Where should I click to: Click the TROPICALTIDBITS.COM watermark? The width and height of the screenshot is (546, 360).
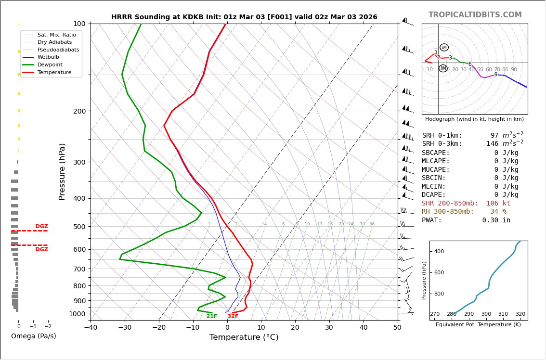[x=475, y=15]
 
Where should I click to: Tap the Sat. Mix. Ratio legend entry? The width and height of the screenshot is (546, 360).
[x=56, y=35]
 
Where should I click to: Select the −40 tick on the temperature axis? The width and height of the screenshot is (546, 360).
[x=91, y=328]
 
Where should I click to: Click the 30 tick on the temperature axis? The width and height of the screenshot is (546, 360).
[x=329, y=328]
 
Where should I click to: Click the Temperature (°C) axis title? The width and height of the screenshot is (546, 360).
[x=244, y=337]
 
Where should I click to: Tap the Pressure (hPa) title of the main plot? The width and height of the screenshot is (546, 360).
[x=62, y=171]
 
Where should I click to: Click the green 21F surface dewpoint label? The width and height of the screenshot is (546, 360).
[x=212, y=316]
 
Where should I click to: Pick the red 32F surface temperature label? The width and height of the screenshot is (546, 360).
[x=233, y=316]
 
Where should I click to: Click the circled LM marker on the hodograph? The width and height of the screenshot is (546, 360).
[x=444, y=48]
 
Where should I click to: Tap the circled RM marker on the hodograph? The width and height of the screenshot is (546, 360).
[x=443, y=68]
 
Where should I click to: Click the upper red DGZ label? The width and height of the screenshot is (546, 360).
[x=41, y=227]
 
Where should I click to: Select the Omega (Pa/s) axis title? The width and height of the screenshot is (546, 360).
[x=33, y=336]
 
